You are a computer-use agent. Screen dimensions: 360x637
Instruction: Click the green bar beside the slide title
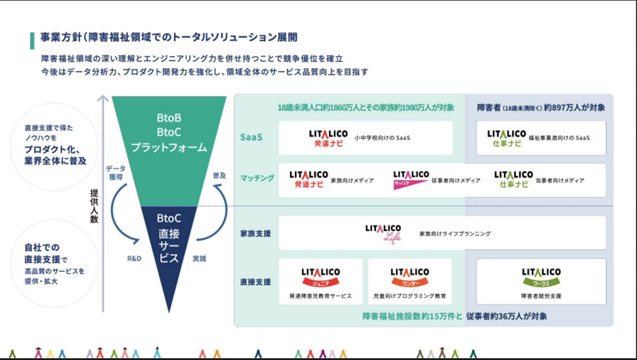pos(32,41)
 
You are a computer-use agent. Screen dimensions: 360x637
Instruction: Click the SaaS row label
pos(251,137)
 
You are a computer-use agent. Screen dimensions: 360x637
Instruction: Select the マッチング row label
pos(257,178)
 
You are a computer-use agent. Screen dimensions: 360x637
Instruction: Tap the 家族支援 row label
pos(255,233)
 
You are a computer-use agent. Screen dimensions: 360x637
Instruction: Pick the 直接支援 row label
pos(255,282)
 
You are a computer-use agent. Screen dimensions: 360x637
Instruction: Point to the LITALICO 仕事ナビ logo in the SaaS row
pos(507,138)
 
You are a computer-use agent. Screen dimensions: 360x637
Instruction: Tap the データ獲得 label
pos(116,172)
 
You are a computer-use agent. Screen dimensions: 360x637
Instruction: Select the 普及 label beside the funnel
pos(219,175)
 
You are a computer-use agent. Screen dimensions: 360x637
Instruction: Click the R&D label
pos(134,259)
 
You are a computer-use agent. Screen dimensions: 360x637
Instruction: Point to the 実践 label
pos(200,259)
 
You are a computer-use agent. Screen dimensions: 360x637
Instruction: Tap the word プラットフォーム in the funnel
pos(169,147)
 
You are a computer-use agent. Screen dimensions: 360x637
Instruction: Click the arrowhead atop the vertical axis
pos(103,98)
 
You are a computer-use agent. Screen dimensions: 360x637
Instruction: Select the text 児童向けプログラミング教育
pos(410,296)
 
